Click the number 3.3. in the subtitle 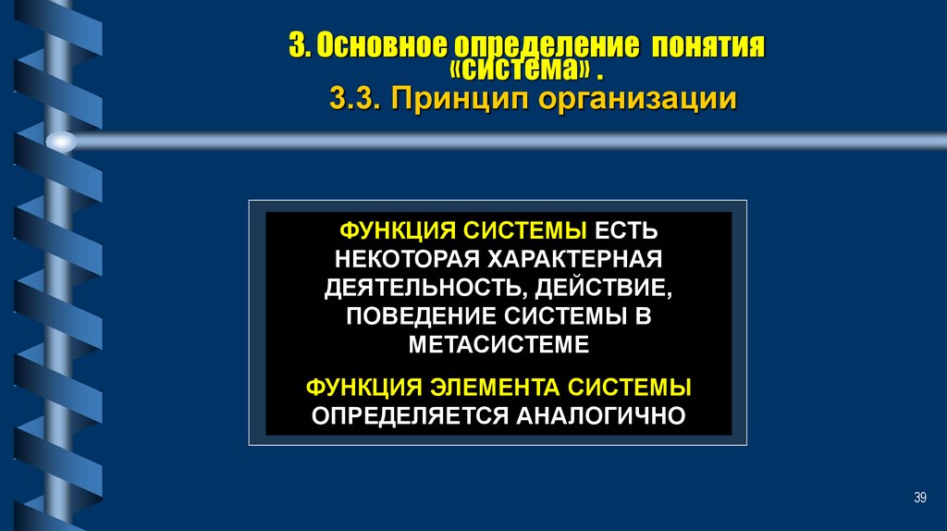pos(354,99)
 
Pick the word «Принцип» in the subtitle pos(445,99)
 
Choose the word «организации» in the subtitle pos(620,99)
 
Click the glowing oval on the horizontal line pos(61,142)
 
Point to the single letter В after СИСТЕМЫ pos(644,315)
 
